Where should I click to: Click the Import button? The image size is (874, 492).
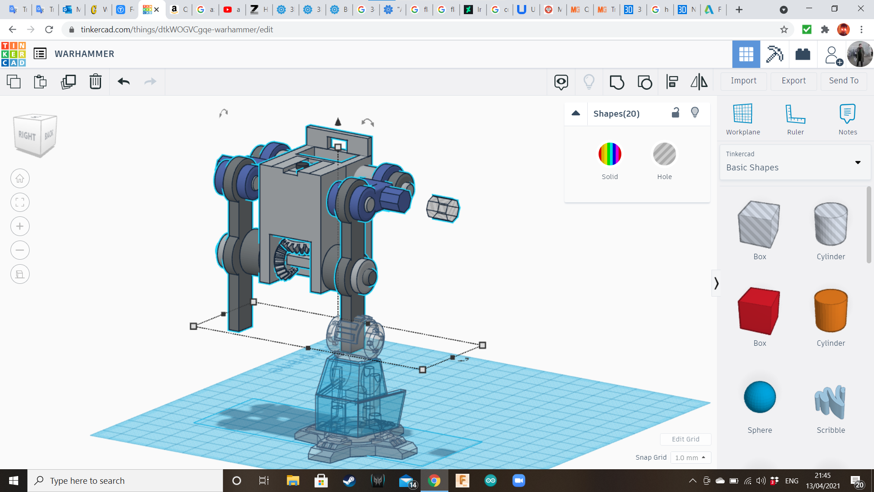[743, 81]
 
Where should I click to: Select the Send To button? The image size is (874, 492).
[844, 81]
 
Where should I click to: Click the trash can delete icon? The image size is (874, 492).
[96, 82]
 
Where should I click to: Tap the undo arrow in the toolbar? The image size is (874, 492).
[124, 82]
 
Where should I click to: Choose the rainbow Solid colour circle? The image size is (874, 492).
[610, 154]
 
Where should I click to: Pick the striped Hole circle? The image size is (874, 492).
[665, 154]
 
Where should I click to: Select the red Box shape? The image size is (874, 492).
[759, 311]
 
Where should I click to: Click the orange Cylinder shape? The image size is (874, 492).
[831, 311]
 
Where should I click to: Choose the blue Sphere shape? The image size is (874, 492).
[760, 397]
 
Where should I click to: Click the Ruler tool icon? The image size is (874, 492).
[795, 114]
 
